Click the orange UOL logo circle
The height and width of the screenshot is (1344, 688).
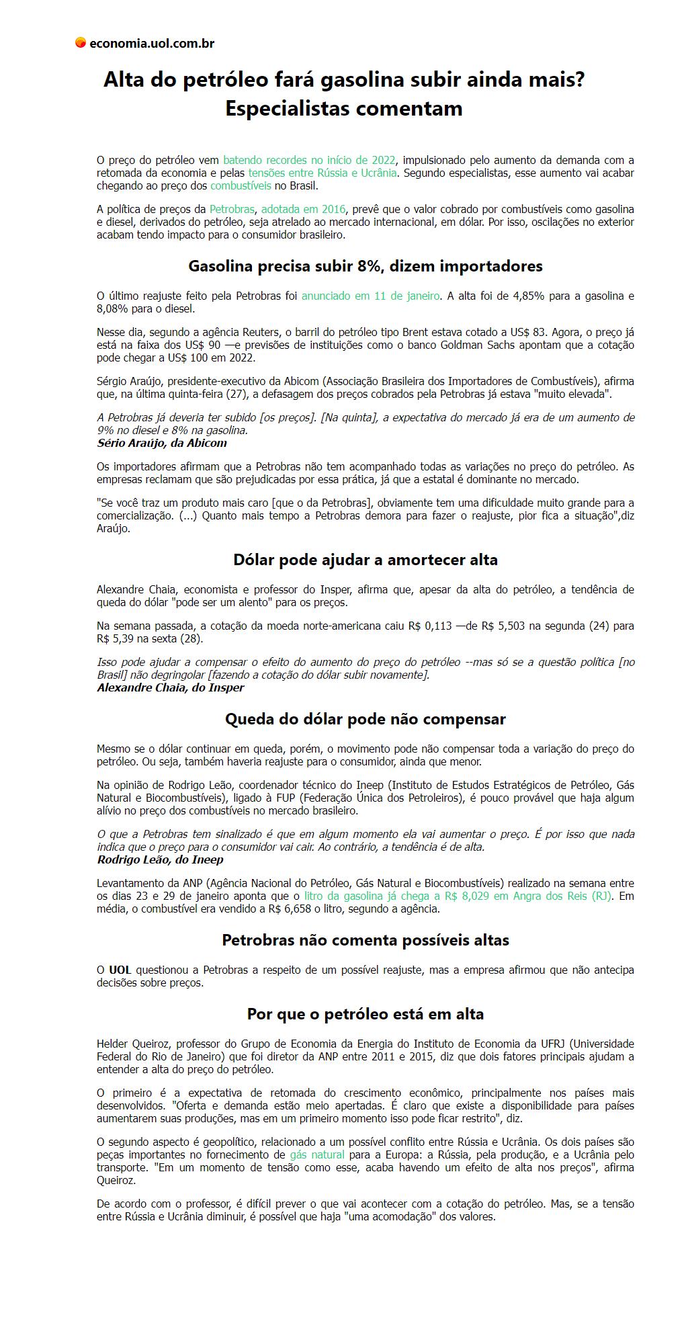pos(80,43)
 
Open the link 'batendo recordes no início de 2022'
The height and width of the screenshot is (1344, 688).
pos(309,160)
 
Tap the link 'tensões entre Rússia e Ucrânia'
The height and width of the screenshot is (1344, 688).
pos(322,173)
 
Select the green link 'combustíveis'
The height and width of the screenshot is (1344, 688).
pos(241,185)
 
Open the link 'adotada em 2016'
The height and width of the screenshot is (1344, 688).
pos(303,209)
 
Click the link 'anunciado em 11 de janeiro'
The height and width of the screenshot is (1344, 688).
pos(370,296)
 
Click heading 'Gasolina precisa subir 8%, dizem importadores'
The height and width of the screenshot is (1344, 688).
pos(365,266)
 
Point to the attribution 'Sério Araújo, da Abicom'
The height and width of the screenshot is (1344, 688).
pos(162,443)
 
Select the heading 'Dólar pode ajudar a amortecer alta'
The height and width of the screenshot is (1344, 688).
pos(365,560)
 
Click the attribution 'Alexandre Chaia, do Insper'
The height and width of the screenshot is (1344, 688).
pos(171,687)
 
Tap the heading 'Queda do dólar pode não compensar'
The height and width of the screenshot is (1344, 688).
pos(365,719)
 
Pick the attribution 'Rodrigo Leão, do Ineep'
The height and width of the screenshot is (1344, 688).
pos(160,859)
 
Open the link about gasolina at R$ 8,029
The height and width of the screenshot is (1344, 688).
pos(457,896)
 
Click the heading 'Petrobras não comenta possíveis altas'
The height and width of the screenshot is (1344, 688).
pos(365,940)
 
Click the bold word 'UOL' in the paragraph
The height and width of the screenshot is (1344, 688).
pos(120,970)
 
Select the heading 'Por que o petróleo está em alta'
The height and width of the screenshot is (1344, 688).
pos(365,1014)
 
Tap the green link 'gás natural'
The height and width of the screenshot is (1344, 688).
pos(316,1154)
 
